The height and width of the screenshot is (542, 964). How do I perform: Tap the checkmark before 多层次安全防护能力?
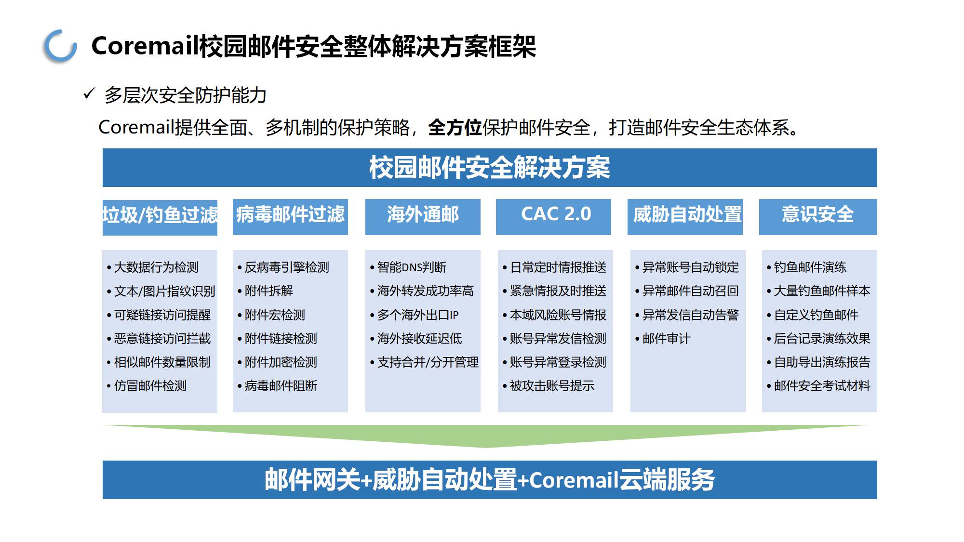89,93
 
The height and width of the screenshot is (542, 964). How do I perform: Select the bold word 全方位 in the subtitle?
455,128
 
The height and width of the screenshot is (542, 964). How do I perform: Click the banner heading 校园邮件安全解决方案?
490,168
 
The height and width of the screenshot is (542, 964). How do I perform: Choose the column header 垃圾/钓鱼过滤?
160,215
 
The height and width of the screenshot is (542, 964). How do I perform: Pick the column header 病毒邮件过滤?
290,214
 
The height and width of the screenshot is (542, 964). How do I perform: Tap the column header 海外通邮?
423,214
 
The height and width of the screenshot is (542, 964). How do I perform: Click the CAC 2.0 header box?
553,217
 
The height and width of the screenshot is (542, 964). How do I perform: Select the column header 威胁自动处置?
687,214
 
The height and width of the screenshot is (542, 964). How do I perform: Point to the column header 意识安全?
818,214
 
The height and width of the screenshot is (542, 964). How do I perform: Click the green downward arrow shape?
487,435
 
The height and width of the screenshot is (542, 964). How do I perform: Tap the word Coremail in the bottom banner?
574,480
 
